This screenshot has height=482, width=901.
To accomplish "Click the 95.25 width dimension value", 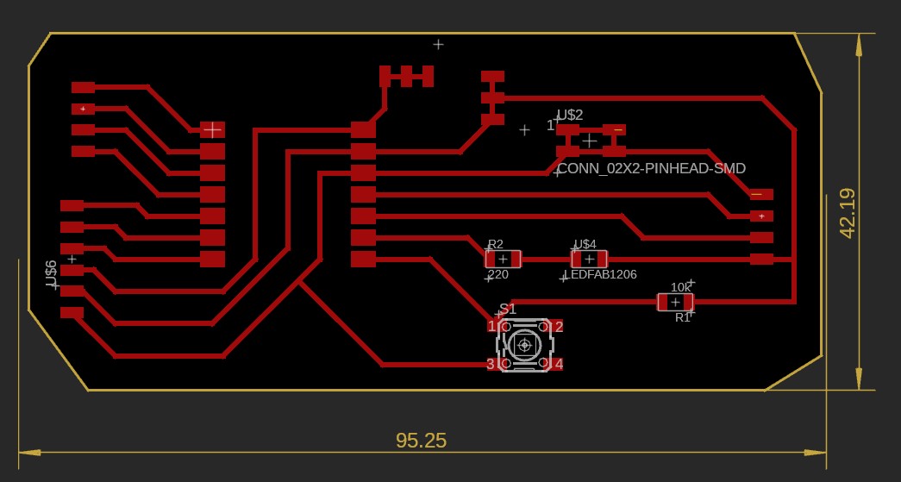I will pos(421,441).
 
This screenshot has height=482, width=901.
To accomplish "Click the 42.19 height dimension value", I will pos(847,213).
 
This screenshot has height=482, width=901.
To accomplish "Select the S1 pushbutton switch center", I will pos(524,345).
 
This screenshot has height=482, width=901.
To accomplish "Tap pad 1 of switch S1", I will pos(492,326).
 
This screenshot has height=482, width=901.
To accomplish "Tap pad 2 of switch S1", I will pos(557,327).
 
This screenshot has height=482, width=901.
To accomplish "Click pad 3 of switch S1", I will pos(491,364).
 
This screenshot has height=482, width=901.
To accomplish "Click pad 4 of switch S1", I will pos(557,364).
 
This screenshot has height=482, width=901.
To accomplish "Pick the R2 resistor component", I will pos(503,259).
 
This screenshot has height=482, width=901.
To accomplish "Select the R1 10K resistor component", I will pos(675,302).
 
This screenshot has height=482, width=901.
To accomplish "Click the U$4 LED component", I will pos(589,259).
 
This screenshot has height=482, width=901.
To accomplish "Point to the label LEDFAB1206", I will pos(600,274).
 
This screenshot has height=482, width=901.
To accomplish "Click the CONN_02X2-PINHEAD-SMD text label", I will pos(651,169).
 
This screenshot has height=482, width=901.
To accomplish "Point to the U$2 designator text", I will pos(570,115).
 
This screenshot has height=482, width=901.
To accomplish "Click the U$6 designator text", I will pos(51,273).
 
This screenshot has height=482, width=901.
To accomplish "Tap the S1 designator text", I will pos(508,309).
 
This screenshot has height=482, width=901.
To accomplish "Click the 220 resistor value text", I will pos(498,274).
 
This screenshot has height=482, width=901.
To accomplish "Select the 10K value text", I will pos(681,287).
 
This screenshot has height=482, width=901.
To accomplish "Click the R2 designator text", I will pos(496,244).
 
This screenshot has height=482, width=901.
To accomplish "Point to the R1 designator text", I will pos(682,317).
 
